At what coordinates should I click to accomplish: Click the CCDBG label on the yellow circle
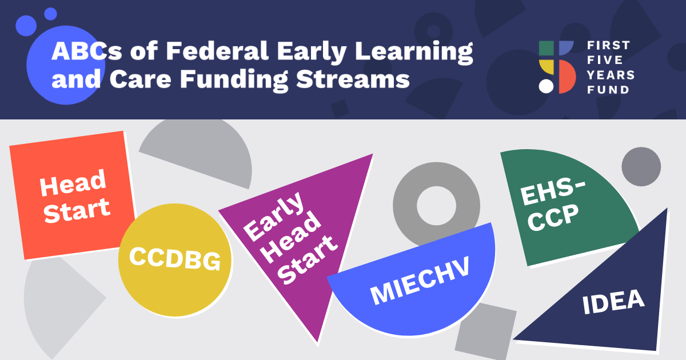175,259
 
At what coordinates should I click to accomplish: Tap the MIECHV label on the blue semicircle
420,280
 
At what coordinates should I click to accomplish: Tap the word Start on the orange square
77,210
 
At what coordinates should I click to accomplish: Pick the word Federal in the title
217,51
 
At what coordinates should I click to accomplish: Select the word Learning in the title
414,53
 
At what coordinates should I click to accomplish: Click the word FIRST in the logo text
608,45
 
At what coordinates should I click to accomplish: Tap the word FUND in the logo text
608,90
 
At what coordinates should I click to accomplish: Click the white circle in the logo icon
546,86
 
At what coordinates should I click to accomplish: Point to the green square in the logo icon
547,48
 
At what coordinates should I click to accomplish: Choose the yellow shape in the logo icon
547,67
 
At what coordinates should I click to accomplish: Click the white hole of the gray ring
436,206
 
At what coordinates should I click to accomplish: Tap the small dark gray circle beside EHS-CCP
641,166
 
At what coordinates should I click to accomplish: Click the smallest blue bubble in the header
50,14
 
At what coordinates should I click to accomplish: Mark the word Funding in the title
234,80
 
